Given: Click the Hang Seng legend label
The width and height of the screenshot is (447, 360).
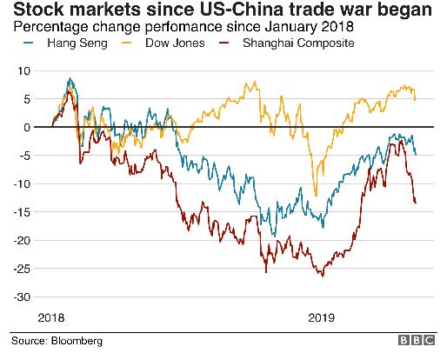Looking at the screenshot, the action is click(x=77, y=43).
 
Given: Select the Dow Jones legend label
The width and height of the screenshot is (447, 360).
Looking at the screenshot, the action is click(x=175, y=43).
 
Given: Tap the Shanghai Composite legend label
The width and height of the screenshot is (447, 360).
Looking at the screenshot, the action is click(x=298, y=43).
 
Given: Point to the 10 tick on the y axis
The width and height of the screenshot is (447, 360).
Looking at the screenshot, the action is click(x=23, y=70).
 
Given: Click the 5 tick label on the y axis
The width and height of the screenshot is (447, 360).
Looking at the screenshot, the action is click(x=27, y=99).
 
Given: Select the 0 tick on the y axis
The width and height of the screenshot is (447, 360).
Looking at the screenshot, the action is click(x=27, y=127).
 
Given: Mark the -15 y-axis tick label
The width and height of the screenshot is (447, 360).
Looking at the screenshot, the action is click(x=22, y=212).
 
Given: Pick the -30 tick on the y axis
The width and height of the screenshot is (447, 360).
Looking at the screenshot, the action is click(x=22, y=297).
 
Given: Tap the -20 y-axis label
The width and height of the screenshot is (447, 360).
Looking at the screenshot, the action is click(x=22, y=241).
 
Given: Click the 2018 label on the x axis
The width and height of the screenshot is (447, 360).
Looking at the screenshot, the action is click(x=51, y=318).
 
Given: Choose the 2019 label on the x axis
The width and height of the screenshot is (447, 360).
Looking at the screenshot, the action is click(x=321, y=318).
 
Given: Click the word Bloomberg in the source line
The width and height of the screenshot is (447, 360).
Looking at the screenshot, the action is click(x=77, y=341).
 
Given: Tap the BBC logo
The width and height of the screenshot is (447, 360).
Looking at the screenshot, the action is click(x=417, y=340).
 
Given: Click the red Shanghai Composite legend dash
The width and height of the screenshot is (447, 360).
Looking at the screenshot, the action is click(x=224, y=43).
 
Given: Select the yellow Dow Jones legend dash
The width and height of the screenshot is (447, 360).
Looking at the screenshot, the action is click(x=127, y=43).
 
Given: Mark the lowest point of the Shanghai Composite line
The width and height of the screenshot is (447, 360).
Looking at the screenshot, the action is click(x=323, y=277).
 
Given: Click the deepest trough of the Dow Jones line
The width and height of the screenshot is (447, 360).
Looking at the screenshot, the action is click(x=316, y=196).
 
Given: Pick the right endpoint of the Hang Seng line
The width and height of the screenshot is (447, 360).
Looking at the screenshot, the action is click(x=416, y=154).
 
